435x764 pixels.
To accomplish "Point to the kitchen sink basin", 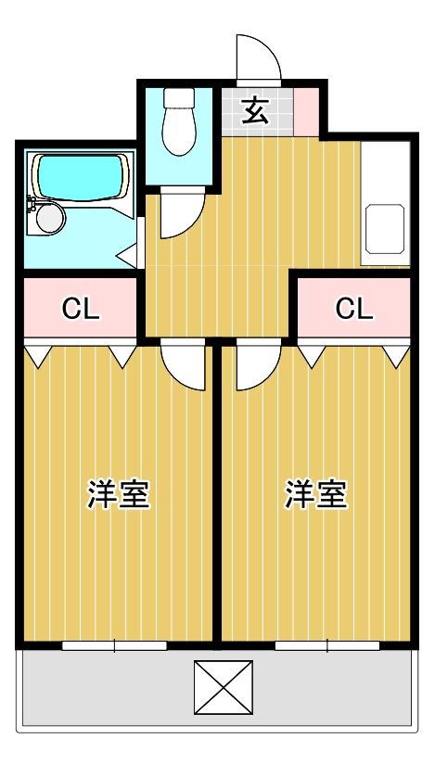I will click(386, 228).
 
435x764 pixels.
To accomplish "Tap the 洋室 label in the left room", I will click(119, 494).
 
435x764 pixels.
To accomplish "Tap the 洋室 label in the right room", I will click(316, 494).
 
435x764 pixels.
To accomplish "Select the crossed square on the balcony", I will click(224, 687).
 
